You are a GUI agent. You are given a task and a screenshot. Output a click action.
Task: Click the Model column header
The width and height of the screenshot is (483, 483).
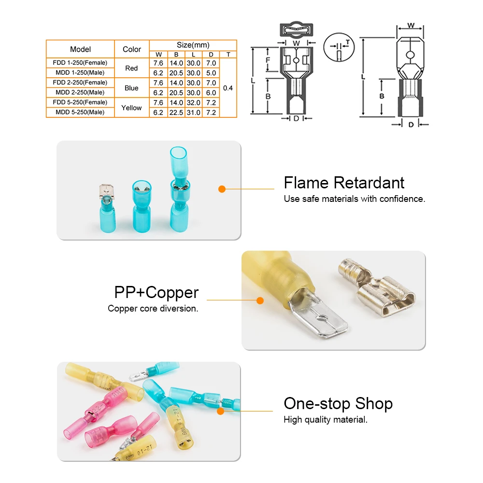[x=80, y=49]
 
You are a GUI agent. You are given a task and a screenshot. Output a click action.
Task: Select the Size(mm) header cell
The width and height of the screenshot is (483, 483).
[x=193, y=45]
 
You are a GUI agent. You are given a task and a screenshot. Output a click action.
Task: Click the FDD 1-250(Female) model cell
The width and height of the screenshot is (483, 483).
[x=80, y=63]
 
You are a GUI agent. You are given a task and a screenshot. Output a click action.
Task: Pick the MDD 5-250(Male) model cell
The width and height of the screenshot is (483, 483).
[x=80, y=112]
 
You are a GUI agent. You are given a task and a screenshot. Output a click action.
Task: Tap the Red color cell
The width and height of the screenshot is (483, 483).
[x=131, y=68]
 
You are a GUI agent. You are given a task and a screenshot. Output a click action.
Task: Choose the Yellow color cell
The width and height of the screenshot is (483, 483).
[x=131, y=108]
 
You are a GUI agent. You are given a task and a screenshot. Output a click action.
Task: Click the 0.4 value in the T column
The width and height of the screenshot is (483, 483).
[x=228, y=88]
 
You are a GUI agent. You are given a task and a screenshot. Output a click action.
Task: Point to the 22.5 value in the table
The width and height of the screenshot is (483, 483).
[x=176, y=113]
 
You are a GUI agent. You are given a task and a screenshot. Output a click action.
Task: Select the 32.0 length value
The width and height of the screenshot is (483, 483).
[x=193, y=102]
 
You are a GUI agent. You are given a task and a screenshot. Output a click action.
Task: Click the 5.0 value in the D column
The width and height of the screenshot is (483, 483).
[x=211, y=73]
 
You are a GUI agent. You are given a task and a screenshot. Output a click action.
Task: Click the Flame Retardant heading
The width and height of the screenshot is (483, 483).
[x=344, y=183]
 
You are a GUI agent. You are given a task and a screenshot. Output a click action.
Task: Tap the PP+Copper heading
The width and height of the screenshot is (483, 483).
[x=156, y=293]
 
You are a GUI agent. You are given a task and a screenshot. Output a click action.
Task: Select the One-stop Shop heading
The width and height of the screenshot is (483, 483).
[x=338, y=404]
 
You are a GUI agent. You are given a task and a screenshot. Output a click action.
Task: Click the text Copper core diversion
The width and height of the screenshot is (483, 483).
[x=153, y=309]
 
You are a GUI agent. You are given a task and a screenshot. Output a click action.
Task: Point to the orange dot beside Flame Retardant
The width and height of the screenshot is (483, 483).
[x=222, y=189]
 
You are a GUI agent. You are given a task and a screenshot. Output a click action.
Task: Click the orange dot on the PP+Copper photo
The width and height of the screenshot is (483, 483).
[x=260, y=300]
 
